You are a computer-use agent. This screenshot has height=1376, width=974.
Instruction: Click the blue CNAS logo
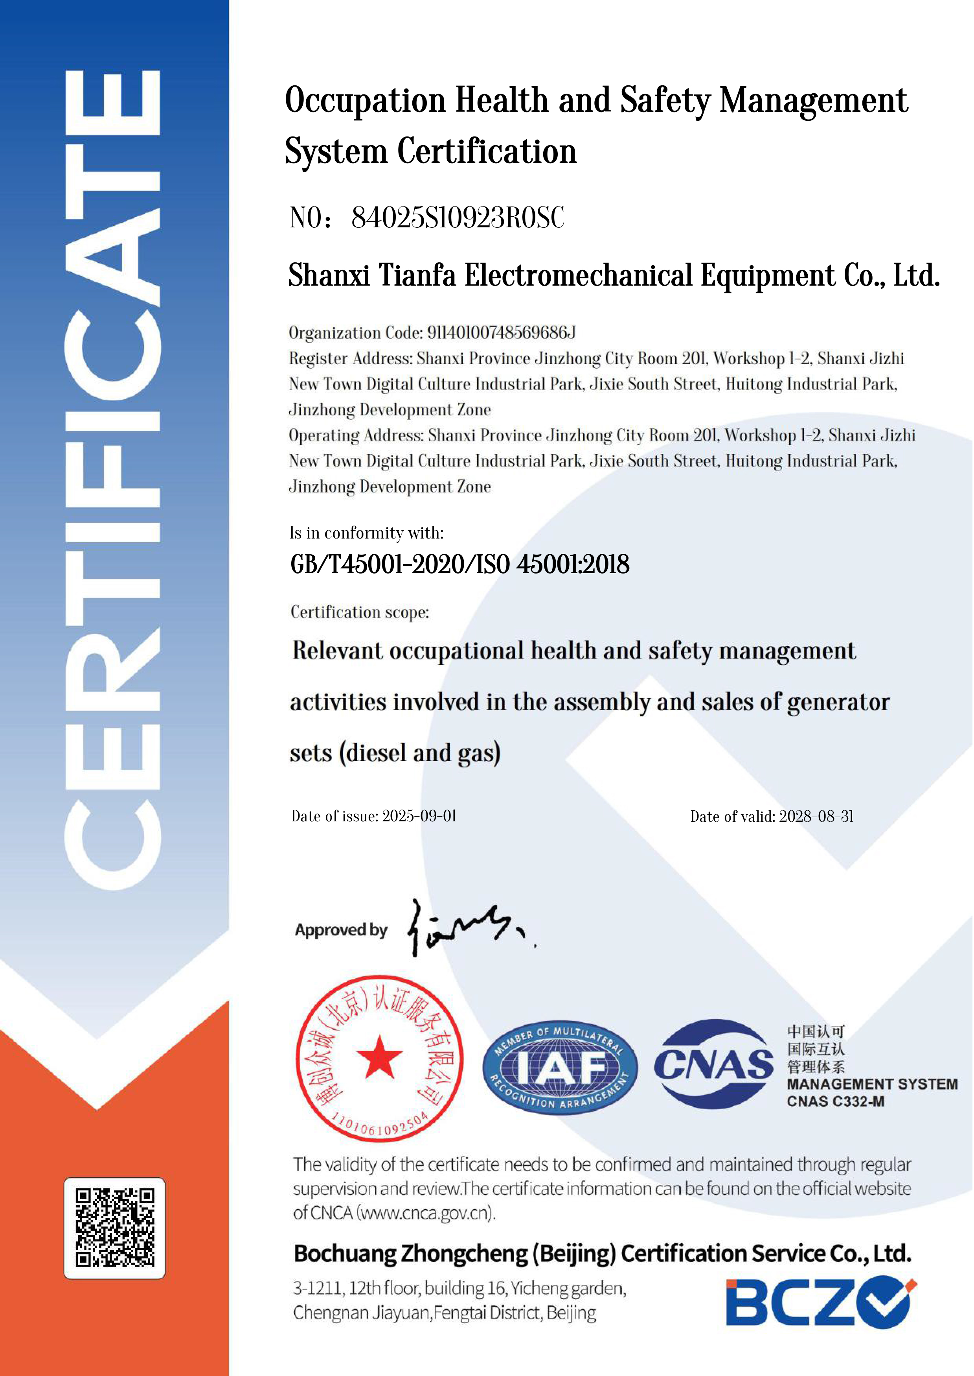713,1064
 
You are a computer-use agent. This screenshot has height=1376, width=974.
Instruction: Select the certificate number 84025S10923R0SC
458,218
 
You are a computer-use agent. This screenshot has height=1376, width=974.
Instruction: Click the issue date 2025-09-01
419,816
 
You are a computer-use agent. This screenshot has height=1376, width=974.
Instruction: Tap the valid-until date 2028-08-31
816,816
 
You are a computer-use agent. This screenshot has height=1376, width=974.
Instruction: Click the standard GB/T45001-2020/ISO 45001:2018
459,565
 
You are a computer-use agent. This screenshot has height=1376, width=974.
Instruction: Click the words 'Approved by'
341,930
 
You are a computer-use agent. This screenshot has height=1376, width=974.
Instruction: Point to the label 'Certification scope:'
360,612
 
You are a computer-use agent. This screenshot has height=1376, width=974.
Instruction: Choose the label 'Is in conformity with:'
366,533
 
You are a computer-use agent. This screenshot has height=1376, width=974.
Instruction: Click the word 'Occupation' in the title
365,101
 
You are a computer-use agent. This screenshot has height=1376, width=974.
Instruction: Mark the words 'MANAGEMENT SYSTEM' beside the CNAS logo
871,1084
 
